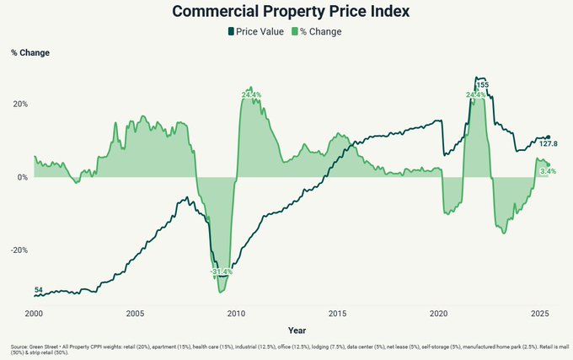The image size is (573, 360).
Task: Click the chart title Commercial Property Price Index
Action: (286, 12)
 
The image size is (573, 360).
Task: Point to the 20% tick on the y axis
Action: (19, 105)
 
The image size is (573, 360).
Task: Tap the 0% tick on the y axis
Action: (22, 177)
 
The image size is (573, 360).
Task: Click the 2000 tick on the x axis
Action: (34, 313)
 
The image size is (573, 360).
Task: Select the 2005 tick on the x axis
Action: (135, 313)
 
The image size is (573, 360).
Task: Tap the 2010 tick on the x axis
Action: (236, 313)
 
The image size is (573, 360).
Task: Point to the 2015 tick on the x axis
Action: (337, 313)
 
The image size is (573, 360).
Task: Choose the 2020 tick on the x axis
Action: (438, 313)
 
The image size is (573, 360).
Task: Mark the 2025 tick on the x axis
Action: (539, 313)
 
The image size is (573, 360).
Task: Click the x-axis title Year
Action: (297, 330)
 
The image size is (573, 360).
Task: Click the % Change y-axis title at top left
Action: (30, 53)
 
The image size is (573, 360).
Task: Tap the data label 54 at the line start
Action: (39, 290)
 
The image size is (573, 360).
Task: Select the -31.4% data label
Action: (221, 272)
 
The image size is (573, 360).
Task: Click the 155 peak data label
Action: (483, 85)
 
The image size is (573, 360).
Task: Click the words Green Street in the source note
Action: (42, 347)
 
